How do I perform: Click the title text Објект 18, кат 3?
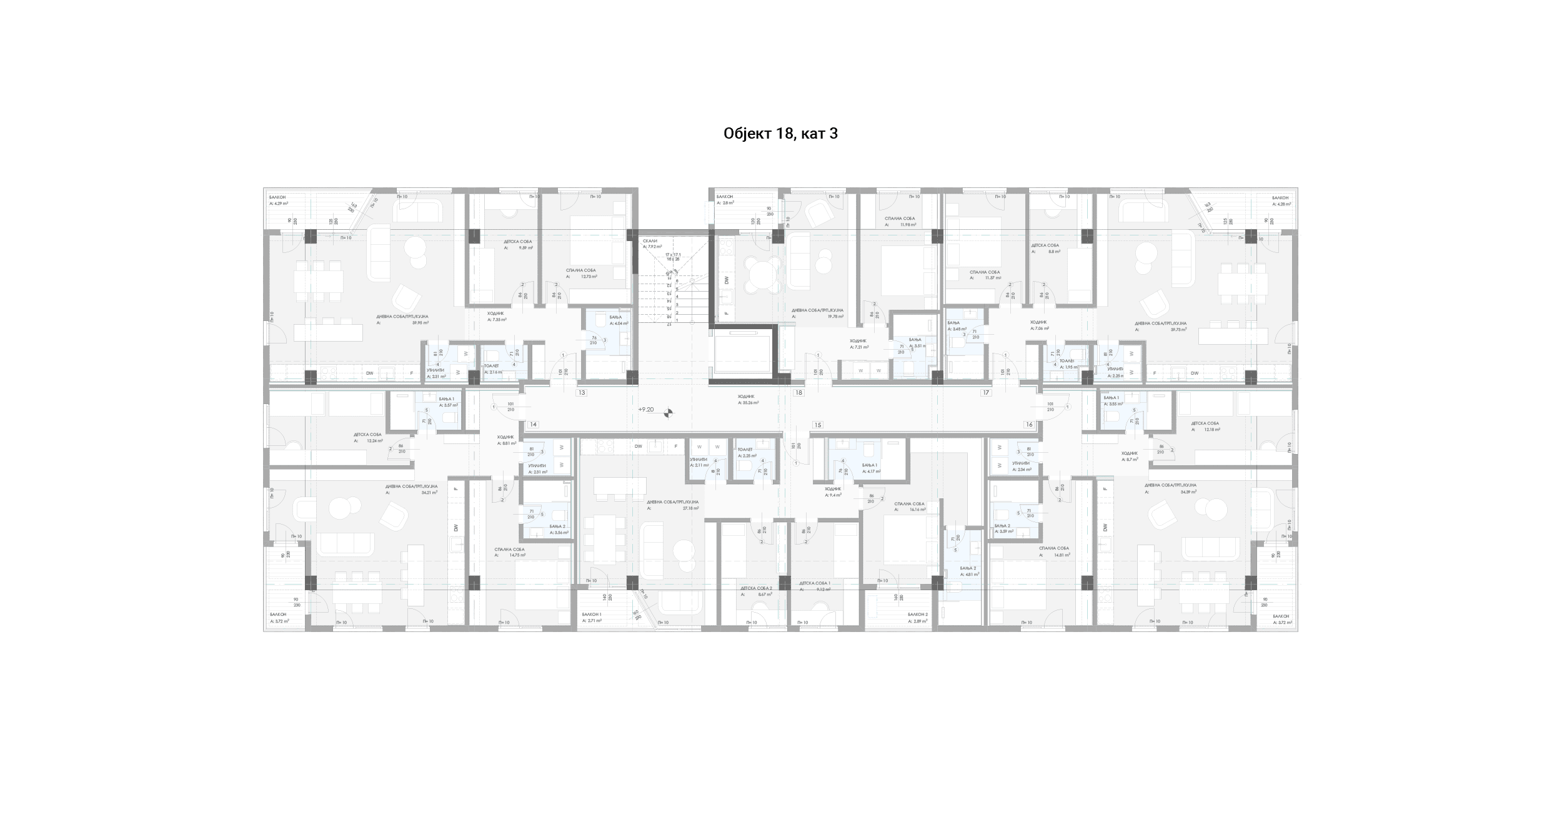(780, 134)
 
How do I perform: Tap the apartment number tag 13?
(582, 393)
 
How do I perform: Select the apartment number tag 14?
(533, 425)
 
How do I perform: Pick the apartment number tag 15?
(817, 425)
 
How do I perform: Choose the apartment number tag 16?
(1029, 425)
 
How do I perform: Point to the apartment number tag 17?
(986, 393)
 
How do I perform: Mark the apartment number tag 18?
(798, 393)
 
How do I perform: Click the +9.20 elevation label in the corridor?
(646, 410)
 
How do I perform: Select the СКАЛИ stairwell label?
(650, 240)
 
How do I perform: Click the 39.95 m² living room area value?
(420, 323)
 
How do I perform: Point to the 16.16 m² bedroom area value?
(917, 510)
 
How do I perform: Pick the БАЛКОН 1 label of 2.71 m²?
(591, 615)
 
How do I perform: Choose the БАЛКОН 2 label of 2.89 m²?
(918, 615)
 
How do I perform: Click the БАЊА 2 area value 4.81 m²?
(972, 574)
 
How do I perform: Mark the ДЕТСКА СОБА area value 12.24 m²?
(375, 441)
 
